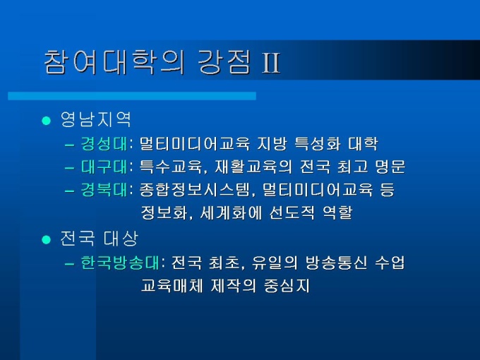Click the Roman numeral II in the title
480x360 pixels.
pyautogui.click(x=271, y=63)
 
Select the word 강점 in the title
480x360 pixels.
pyautogui.click(x=224, y=62)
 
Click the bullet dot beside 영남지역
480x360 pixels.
pyautogui.click(x=46, y=120)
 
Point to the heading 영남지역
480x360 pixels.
pyautogui.click(x=96, y=119)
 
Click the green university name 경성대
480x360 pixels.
pyautogui.click(x=104, y=143)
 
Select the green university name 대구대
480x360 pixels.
pyautogui.click(x=104, y=167)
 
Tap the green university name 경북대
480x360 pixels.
pyautogui.click(x=104, y=190)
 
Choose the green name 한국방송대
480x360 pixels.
pyautogui.click(x=120, y=263)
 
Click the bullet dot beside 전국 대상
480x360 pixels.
pyautogui.click(x=46, y=239)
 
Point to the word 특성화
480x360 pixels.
pyautogui.click(x=317, y=143)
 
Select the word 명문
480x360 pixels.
pyautogui.click(x=390, y=167)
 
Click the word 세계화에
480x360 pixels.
pyautogui.click(x=231, y=212)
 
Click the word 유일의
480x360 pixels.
pyautogui.click(x=275, y=263)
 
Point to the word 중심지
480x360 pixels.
pyautogui.click(x=287, y=286)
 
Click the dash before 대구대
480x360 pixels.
pyautogui.click(x=69, y=168)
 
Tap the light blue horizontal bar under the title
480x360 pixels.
pyautogui.click(x=132, y=96)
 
